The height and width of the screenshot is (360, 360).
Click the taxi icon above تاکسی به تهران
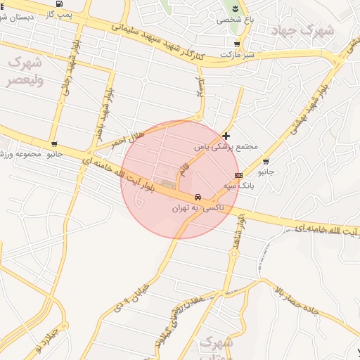[x=199, y=198]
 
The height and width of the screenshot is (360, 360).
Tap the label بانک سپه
[x=238, y=186]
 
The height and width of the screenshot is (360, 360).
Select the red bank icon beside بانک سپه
[x=239, y=175]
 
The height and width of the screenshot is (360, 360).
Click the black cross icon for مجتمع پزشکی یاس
[x=226, y=135]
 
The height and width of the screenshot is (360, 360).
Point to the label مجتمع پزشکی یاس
[x=226, y=146]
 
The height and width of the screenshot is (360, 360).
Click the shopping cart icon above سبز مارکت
[x=236, y=44]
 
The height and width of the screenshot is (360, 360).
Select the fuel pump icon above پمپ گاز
[x=58, y=4]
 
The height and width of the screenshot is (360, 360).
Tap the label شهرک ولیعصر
[x=25, y=71]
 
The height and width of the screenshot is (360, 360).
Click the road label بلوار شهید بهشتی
[x=315, y=105]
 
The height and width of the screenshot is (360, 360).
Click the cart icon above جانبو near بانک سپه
[x=266, y=162]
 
